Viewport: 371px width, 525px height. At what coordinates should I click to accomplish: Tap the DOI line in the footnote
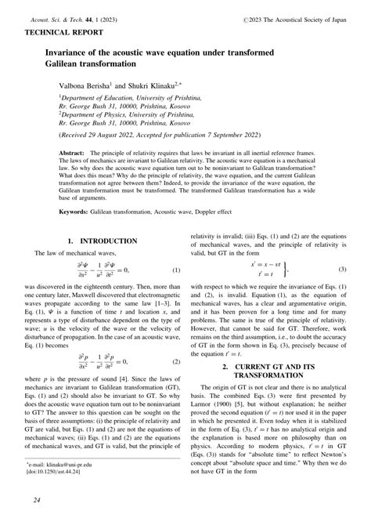(x=63, y=474)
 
